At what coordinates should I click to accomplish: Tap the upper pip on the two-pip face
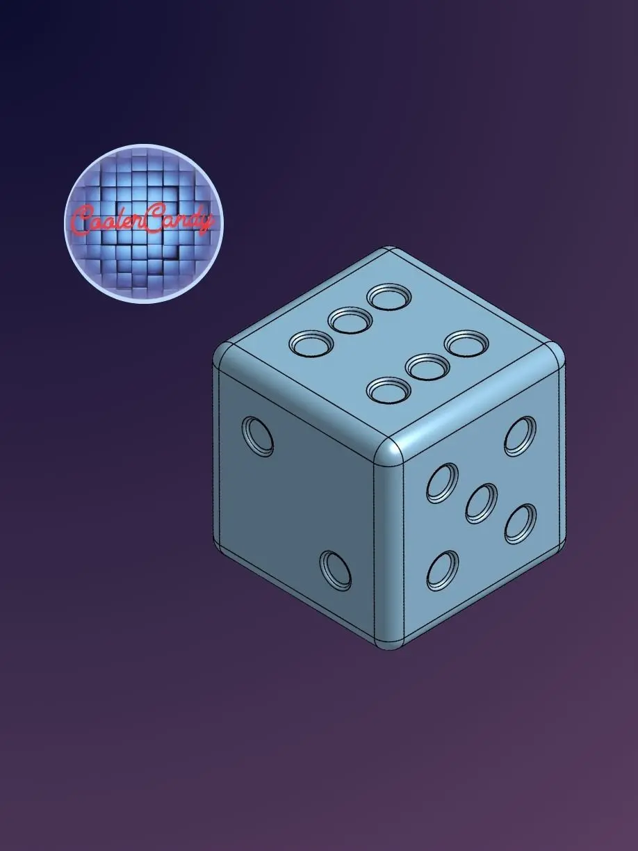point(258,437)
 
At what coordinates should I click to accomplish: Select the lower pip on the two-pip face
point(336,571)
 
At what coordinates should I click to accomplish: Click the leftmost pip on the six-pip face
point(311,344)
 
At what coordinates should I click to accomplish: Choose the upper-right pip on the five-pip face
point(520,436)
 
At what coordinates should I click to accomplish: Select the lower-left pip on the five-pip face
point(442,570)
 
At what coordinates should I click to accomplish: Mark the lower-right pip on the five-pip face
point(521,524)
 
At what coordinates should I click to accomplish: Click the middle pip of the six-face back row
point(350,321)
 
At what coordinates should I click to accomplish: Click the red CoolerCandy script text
point(143,222)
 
